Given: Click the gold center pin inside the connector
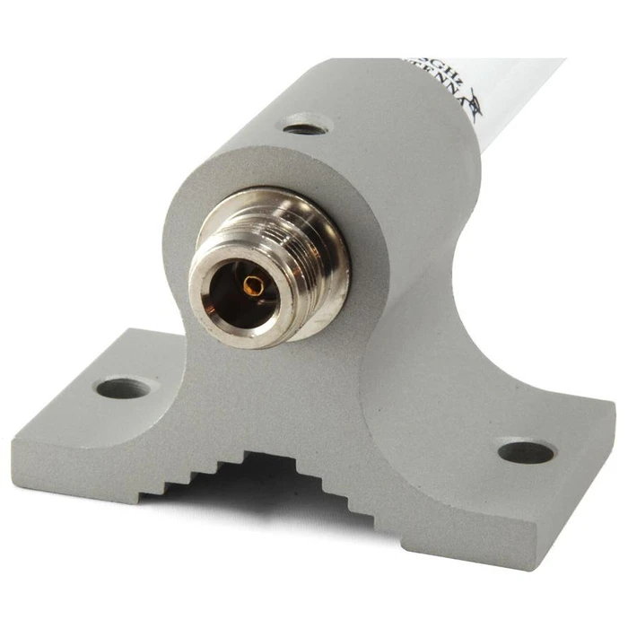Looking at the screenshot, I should tap(255, 286).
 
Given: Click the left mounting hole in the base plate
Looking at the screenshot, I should tap(123, 388).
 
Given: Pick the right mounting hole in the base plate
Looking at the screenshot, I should tap(526, 451).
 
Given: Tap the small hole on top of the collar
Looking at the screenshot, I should tap(305, 126).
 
